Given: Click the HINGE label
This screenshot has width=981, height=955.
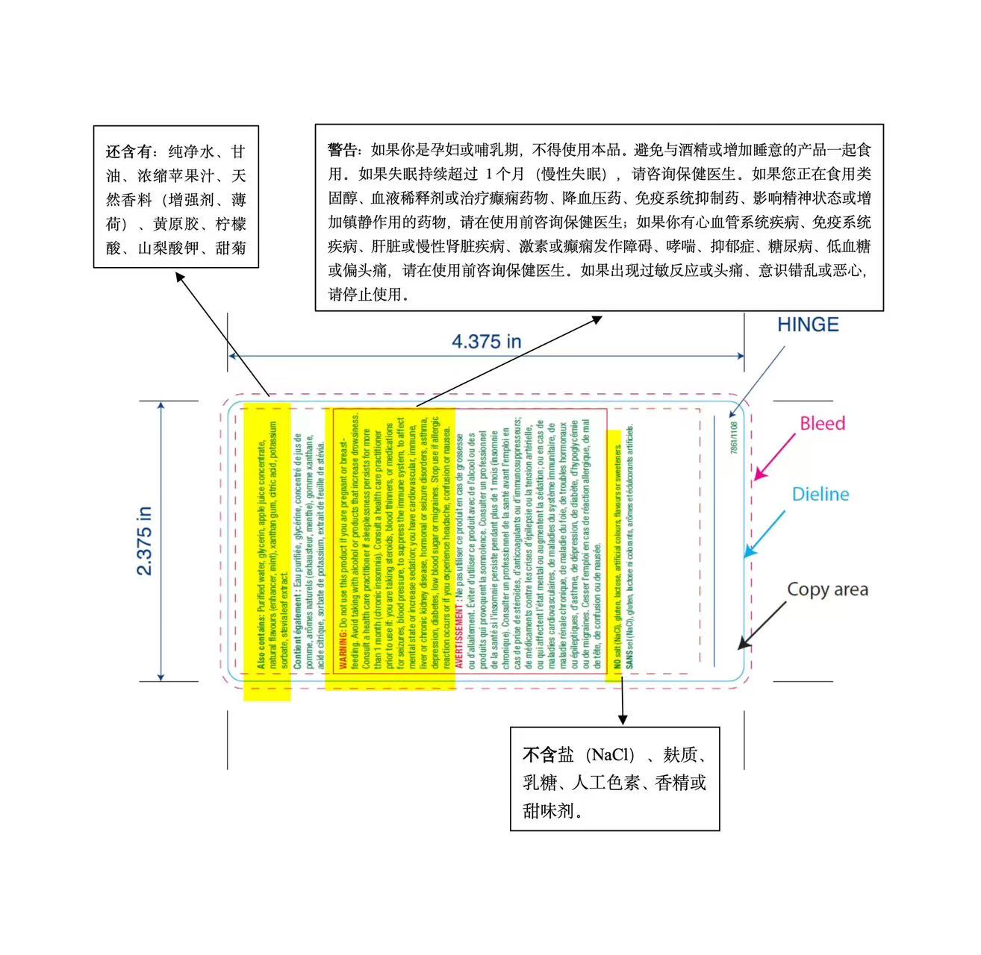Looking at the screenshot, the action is pos(808,325).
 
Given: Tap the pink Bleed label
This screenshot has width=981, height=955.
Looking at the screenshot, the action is pos(822,423).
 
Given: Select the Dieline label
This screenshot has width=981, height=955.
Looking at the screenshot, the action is pos(820,494).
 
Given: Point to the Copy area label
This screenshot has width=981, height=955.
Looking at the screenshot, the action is pos(827,589).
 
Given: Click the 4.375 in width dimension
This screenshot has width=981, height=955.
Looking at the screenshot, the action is pos(486,342).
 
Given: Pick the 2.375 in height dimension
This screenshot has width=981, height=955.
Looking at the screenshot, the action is pos(145,541).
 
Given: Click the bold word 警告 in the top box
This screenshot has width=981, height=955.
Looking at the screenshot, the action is pos(344,150).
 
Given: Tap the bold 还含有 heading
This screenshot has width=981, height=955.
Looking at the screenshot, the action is pos(129,152).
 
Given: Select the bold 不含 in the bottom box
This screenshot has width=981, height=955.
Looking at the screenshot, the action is pos(539,755).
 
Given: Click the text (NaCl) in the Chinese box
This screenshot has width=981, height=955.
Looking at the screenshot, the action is pos(609,755).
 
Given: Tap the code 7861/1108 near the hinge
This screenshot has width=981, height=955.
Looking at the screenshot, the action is pos(733,438).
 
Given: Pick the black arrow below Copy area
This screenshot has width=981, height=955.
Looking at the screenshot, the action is pos(762,624).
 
